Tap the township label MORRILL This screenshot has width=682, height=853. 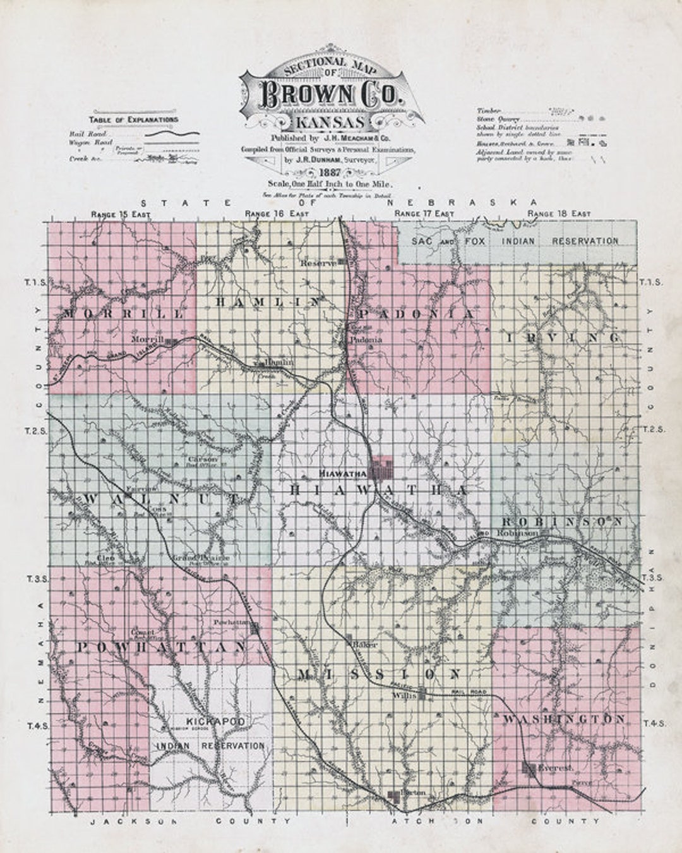pos(124,313)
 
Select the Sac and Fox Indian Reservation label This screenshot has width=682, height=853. pos(515,241)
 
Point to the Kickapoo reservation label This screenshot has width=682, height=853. pos(211,733)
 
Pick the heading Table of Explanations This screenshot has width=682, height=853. pos(133,119)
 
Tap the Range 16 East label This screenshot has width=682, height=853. pos(277,215)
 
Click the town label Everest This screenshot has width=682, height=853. pos(556,768)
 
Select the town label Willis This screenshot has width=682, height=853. pos(402,695)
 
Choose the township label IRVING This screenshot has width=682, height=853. pos(563,338)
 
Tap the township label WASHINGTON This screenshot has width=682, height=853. pos(564,719)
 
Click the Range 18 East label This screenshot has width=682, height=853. pos(559,215)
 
